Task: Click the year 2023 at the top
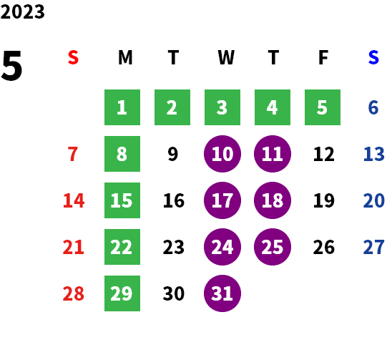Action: coord(22,11)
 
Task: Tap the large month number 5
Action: coord(11,66)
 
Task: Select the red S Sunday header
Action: coord(73,57)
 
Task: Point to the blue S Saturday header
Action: coord(373,57)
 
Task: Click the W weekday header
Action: coord(226,57)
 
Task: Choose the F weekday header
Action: coord(323,57)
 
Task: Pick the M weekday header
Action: coord(125,57)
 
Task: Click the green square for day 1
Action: coord(122,107)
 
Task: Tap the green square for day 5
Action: coord(323,107)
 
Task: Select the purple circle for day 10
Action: coord(222,154)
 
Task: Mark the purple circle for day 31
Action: coord(222,293)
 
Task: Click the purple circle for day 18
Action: coord(273,200)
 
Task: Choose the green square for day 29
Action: coord(122,293)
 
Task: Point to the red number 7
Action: coord(73,154)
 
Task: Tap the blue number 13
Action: coord(373,154)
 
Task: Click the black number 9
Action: coord(172,154)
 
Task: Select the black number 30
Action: coord(174,293)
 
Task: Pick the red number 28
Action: coord(74,293)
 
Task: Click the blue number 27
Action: coord(373,247)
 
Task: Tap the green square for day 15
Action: coord(122,200)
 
